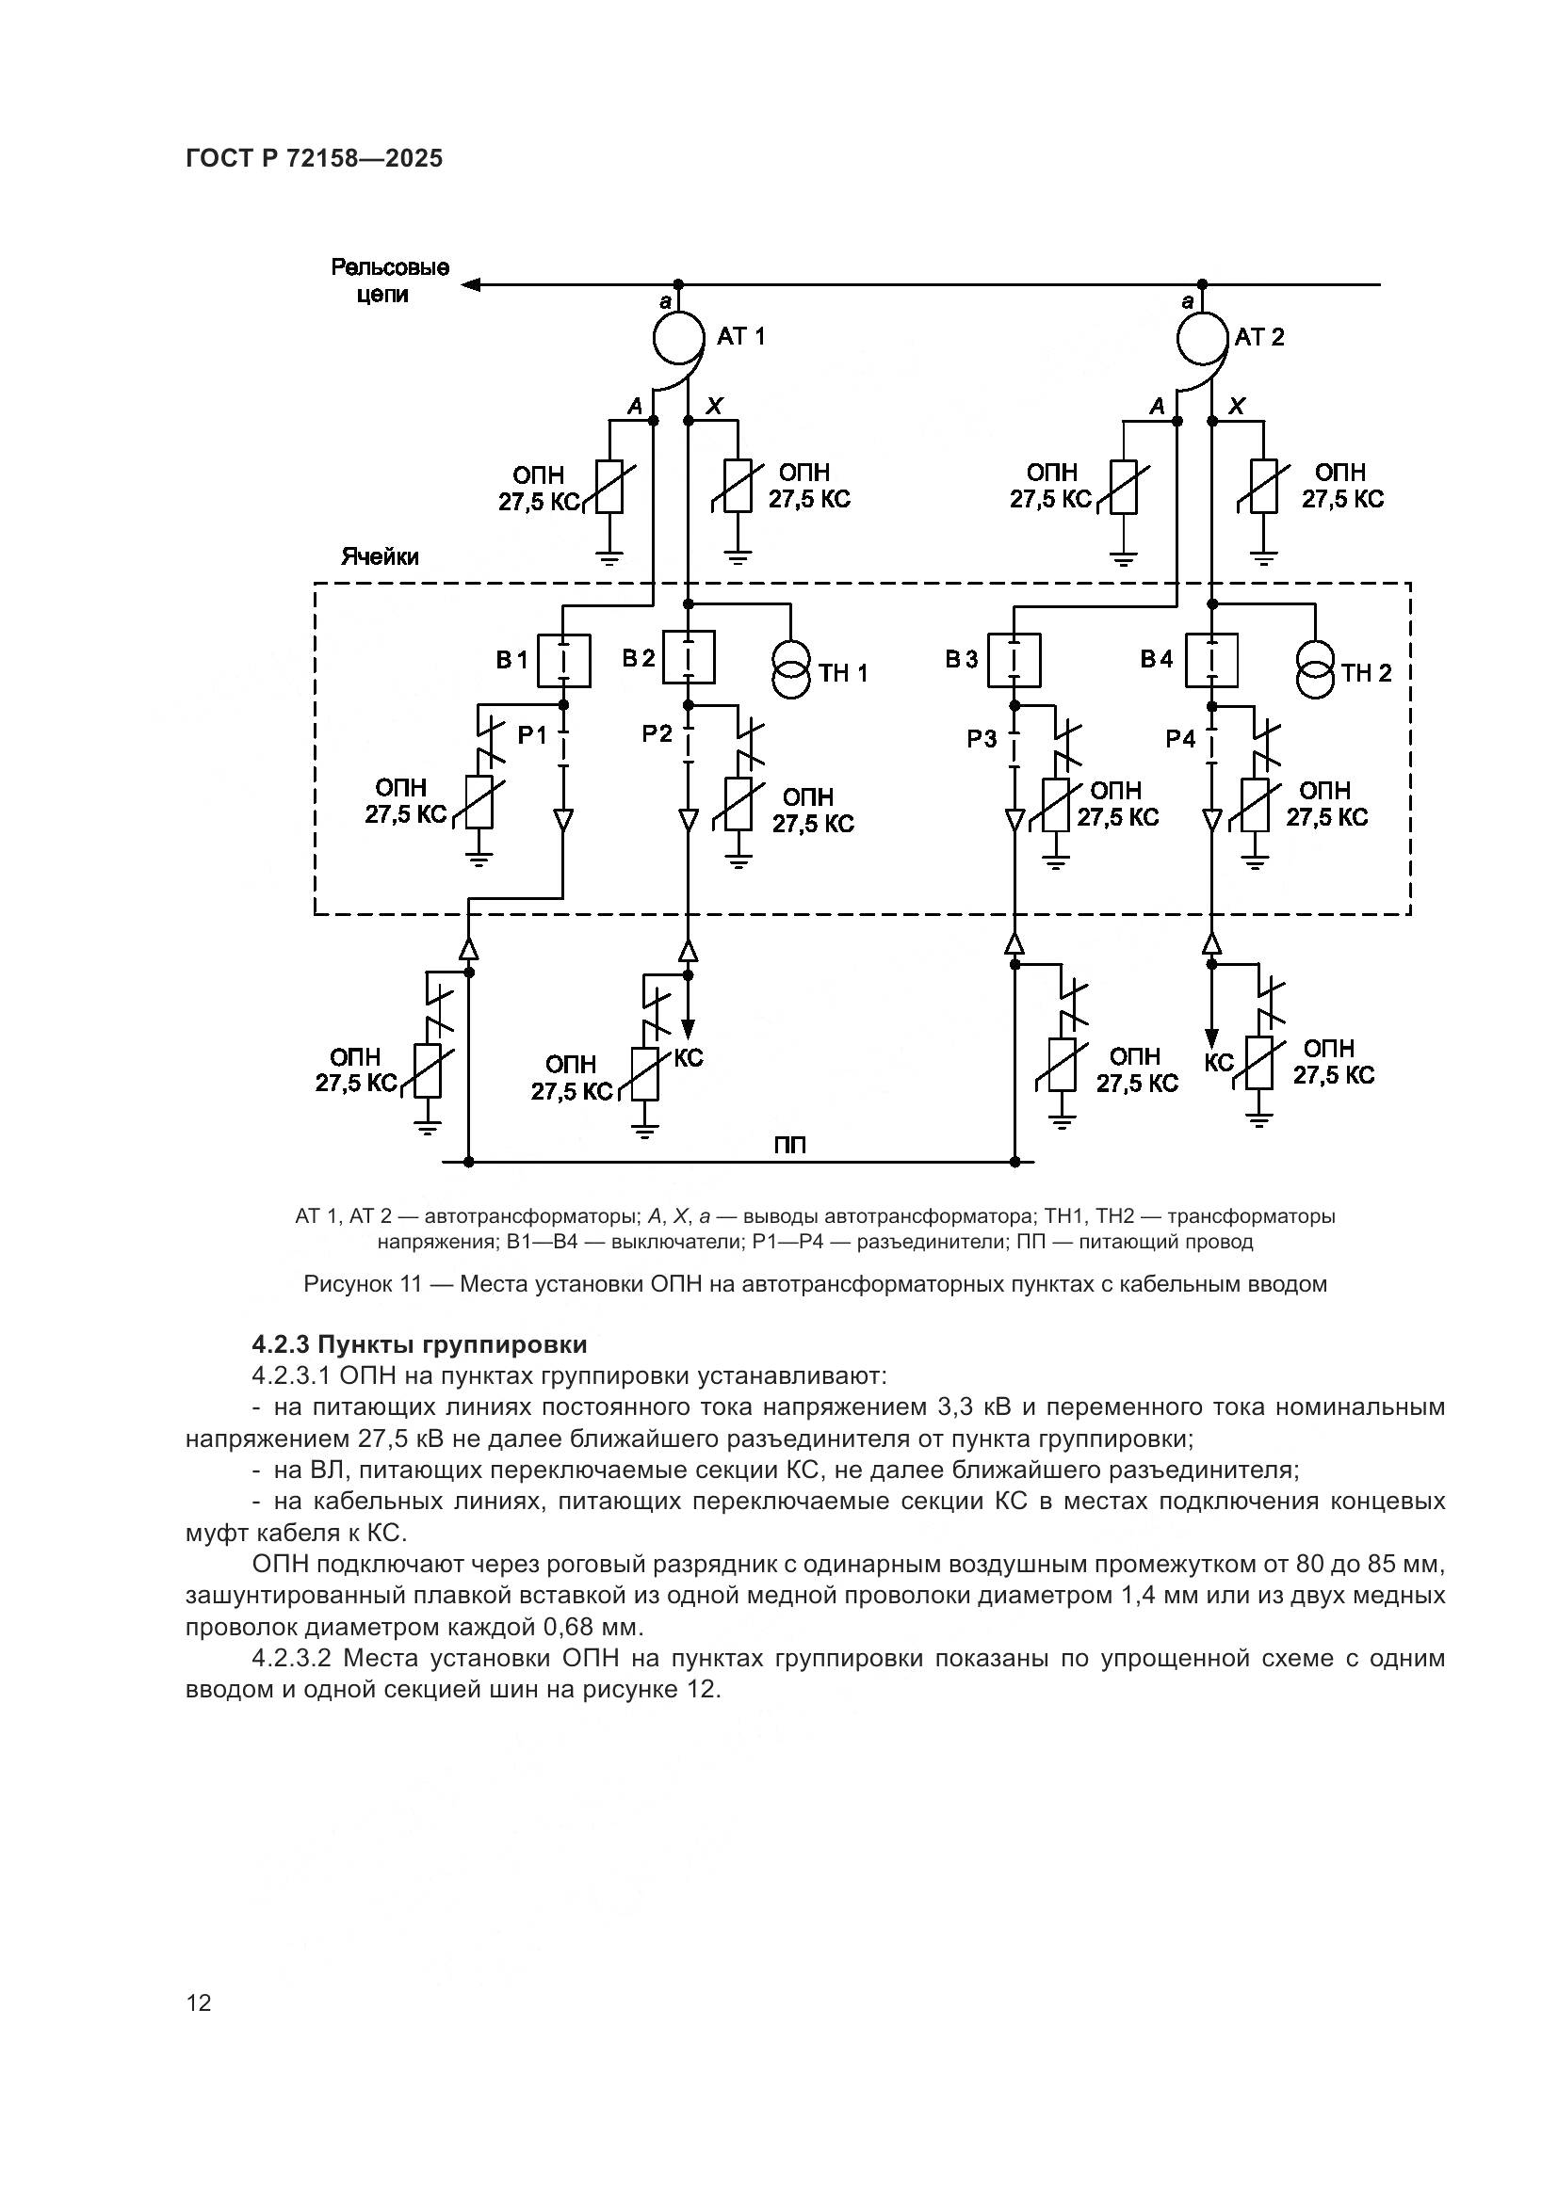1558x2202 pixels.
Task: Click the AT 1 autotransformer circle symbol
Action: pos(679,336)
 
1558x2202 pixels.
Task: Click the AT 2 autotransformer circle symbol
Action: pos(1203,336)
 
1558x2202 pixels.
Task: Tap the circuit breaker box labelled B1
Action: pos(563,661)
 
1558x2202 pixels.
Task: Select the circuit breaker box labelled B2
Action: pos(688,657)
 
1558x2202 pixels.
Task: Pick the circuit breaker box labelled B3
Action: pos(1014,661)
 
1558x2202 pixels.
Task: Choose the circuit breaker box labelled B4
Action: pos(1211,661)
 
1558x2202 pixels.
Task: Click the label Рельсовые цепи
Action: pos(390,281)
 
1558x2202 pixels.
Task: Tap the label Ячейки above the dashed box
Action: pos(380,557)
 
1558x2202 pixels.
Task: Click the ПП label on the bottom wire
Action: pos(789,1145)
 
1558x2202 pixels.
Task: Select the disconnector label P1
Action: pos(532,735)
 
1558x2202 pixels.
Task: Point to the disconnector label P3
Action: pos(982,739)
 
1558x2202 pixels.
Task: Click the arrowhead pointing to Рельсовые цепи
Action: pos(470,285)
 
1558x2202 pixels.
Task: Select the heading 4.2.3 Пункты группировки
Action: pos(419,1344)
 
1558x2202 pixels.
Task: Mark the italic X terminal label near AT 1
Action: pos(714,407)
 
